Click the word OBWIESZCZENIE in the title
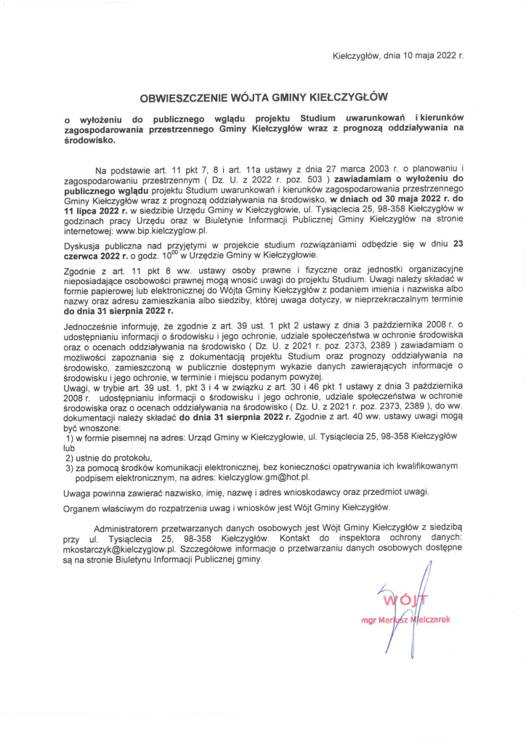click(186, 95)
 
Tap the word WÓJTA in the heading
click(249, 95)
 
